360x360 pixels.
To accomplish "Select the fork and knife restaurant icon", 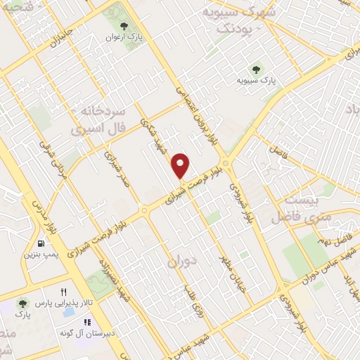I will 63,291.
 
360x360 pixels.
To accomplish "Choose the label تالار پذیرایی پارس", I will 65,302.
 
